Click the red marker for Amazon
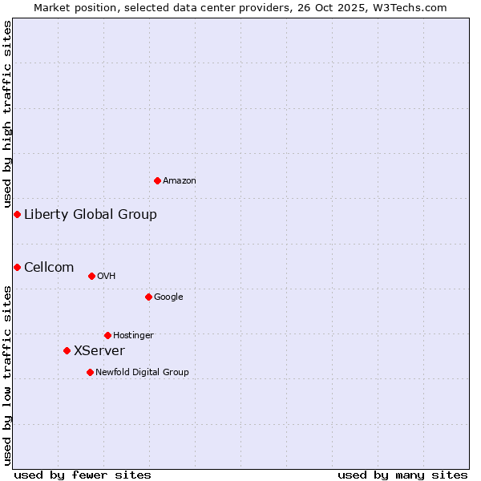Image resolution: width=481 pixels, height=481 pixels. click(157, 180)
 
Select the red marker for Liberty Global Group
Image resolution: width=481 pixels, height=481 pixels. click(17, 214)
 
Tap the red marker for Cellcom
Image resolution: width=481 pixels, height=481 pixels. click(17, 267)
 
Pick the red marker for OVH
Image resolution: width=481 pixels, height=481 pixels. click(91, 276)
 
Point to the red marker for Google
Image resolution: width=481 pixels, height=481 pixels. click(148, 297)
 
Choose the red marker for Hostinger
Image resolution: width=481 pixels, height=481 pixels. click(107, 335)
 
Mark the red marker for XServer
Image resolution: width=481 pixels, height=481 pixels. click(67, 350)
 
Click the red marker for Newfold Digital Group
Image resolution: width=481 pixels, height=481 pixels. click(90, 372)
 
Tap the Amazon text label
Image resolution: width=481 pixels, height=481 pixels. click(180, 181)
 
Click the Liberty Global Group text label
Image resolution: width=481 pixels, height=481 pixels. click(91, 214)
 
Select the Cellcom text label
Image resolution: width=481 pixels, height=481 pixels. click(49, 267)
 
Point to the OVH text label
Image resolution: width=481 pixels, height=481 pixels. click(107, 277)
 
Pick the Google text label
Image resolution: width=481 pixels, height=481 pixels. click(168, 297)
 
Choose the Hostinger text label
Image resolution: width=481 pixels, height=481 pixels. click(133, 336)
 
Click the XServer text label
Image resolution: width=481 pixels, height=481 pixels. click(99, 350)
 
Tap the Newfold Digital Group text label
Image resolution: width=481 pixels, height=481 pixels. click(142, 373)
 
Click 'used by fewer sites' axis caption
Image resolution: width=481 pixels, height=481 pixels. click(83, 475)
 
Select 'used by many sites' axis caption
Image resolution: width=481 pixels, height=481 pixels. click(402, 475)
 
